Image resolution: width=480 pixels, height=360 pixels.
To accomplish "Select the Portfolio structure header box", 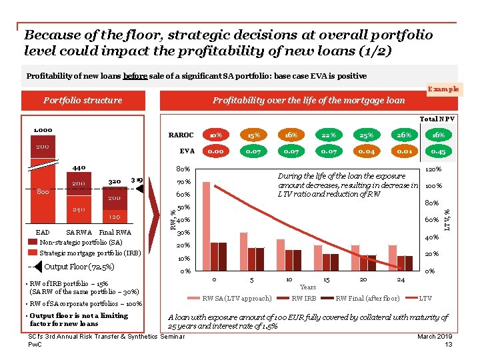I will tap(83, 101).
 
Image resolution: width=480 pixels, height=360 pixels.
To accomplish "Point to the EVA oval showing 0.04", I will tap(365, 151).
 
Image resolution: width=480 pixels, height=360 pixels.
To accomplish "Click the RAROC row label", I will tap(181, 134).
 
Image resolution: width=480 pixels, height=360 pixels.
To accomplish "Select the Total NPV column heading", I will tap(438, 119).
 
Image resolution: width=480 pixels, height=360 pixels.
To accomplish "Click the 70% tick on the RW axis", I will tap(183, 181).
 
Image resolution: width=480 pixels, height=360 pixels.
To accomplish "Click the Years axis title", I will tap(308, 287).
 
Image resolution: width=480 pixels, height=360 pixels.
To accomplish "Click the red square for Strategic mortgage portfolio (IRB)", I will tap(33, 253).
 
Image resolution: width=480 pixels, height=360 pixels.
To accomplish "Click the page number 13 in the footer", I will tap(449, 344).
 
